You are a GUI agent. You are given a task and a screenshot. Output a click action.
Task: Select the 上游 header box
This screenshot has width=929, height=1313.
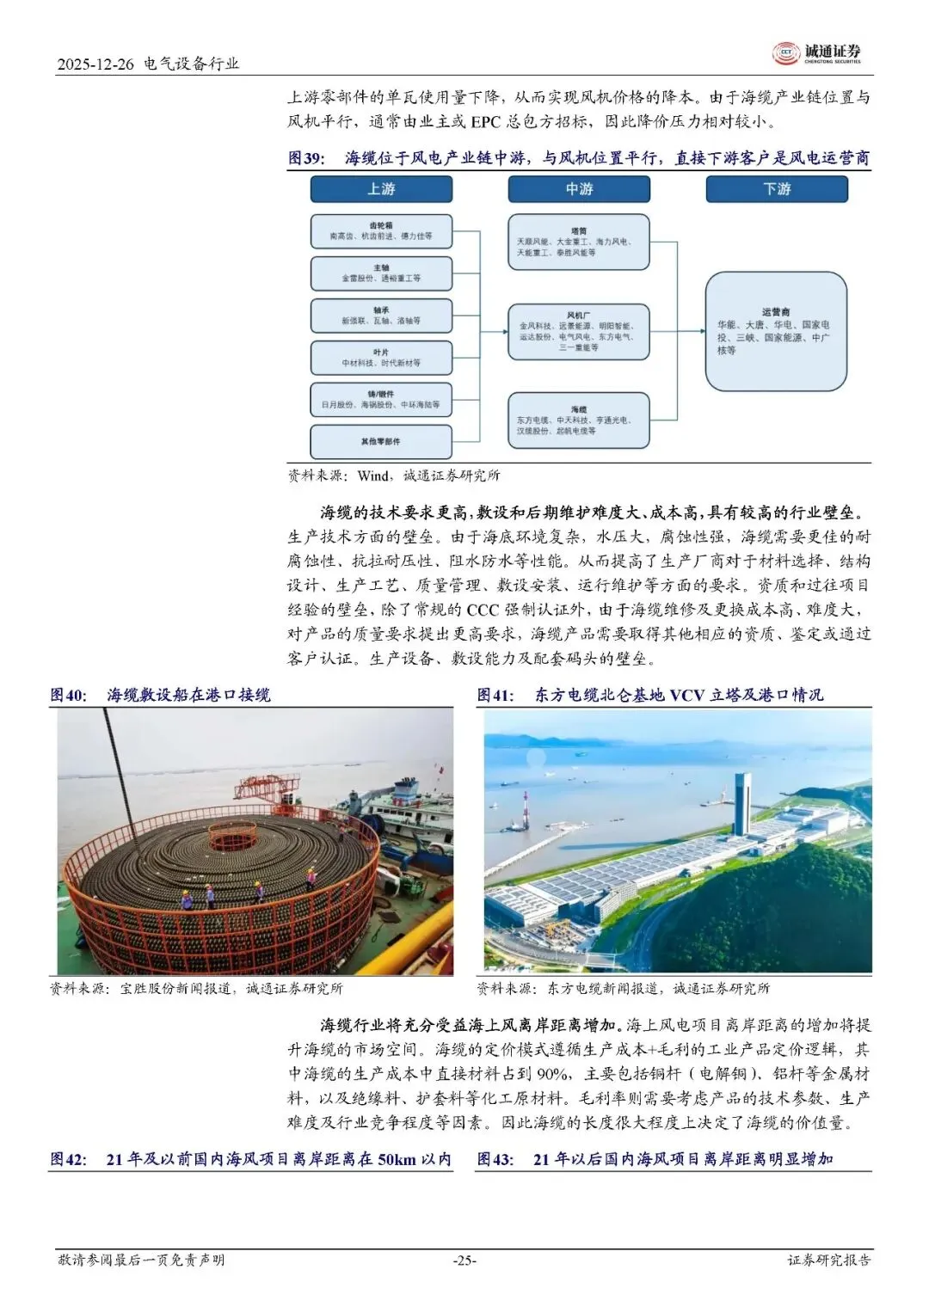pyautogui.click(x=381, y=189)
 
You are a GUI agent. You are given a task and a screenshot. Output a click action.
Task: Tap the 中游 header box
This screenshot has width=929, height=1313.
pyautogui.click(x=579, y=189)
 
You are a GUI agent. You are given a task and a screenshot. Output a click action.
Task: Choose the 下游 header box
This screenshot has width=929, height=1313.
pyautogui.click(x=777, y=189)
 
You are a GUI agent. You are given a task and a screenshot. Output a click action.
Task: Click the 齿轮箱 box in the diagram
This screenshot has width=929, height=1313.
pyautogui.click(x=381, y=231)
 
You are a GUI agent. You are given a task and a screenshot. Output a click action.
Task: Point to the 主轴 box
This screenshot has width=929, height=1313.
pyautogui.click(x=381, y=273)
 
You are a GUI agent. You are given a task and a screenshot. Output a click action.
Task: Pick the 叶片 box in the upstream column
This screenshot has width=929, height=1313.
pyautogui.click(x=381, y=358)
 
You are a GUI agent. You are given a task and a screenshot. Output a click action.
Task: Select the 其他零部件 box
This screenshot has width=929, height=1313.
pyautogui.click(x=381, y=442)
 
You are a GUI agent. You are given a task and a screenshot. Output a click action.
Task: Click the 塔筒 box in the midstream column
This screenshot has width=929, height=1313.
pyautogui.click(x=578, y=242)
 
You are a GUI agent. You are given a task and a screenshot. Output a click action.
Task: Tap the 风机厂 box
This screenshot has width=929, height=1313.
pyautogui.click(x=578, y=332)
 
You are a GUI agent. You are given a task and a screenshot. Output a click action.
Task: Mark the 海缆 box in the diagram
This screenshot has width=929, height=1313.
pyautogui.click(x=578, y=420)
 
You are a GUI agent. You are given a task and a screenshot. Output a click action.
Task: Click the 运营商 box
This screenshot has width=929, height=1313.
pyautogui.click(x=776, y=332)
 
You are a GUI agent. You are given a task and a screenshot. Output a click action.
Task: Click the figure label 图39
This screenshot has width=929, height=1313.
pyautogui.click(x=306, y=159)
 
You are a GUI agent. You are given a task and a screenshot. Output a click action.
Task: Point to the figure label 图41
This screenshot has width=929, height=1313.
pyautogui.click(x=495, y=695)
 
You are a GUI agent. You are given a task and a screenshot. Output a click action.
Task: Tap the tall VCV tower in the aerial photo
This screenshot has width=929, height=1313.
pyautogui.click(x=741, y=803)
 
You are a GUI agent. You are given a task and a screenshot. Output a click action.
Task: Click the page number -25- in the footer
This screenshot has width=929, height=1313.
pyautogui.click(x=464, y=1261)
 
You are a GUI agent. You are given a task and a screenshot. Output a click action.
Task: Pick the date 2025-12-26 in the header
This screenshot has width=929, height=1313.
pyautogui.click(x=95, y=64)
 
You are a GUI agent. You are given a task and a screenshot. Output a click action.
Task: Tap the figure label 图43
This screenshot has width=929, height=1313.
pyautogui.click(x=495, y=1159)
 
